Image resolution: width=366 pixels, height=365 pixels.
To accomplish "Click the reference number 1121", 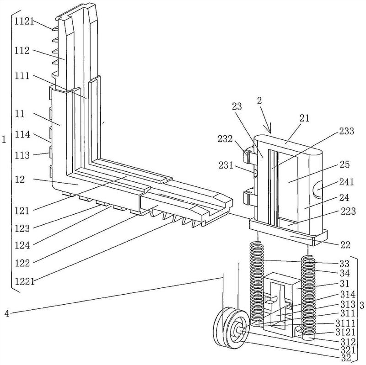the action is (24, 21).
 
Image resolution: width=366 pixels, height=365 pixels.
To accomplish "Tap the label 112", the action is (22, 51).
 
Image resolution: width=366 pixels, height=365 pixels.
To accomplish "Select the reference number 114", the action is (22, 134).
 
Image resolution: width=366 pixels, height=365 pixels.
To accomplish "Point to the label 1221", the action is (25, 281).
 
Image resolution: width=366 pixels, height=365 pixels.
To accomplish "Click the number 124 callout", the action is (22, 245).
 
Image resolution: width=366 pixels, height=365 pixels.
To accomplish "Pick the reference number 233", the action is (347, 131).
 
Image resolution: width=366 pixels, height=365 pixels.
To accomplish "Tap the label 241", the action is (347, 182).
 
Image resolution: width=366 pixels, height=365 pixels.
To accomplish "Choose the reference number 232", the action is (225, 139).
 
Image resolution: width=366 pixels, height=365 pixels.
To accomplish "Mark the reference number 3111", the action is (345, 323).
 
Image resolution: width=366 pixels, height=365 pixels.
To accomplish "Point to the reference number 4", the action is (7, 313).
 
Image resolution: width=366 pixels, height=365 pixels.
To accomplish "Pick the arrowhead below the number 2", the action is (269, 129).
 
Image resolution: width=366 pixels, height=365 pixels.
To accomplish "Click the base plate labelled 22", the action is (288, 231).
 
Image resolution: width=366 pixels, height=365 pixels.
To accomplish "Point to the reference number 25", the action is (344, 164).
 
